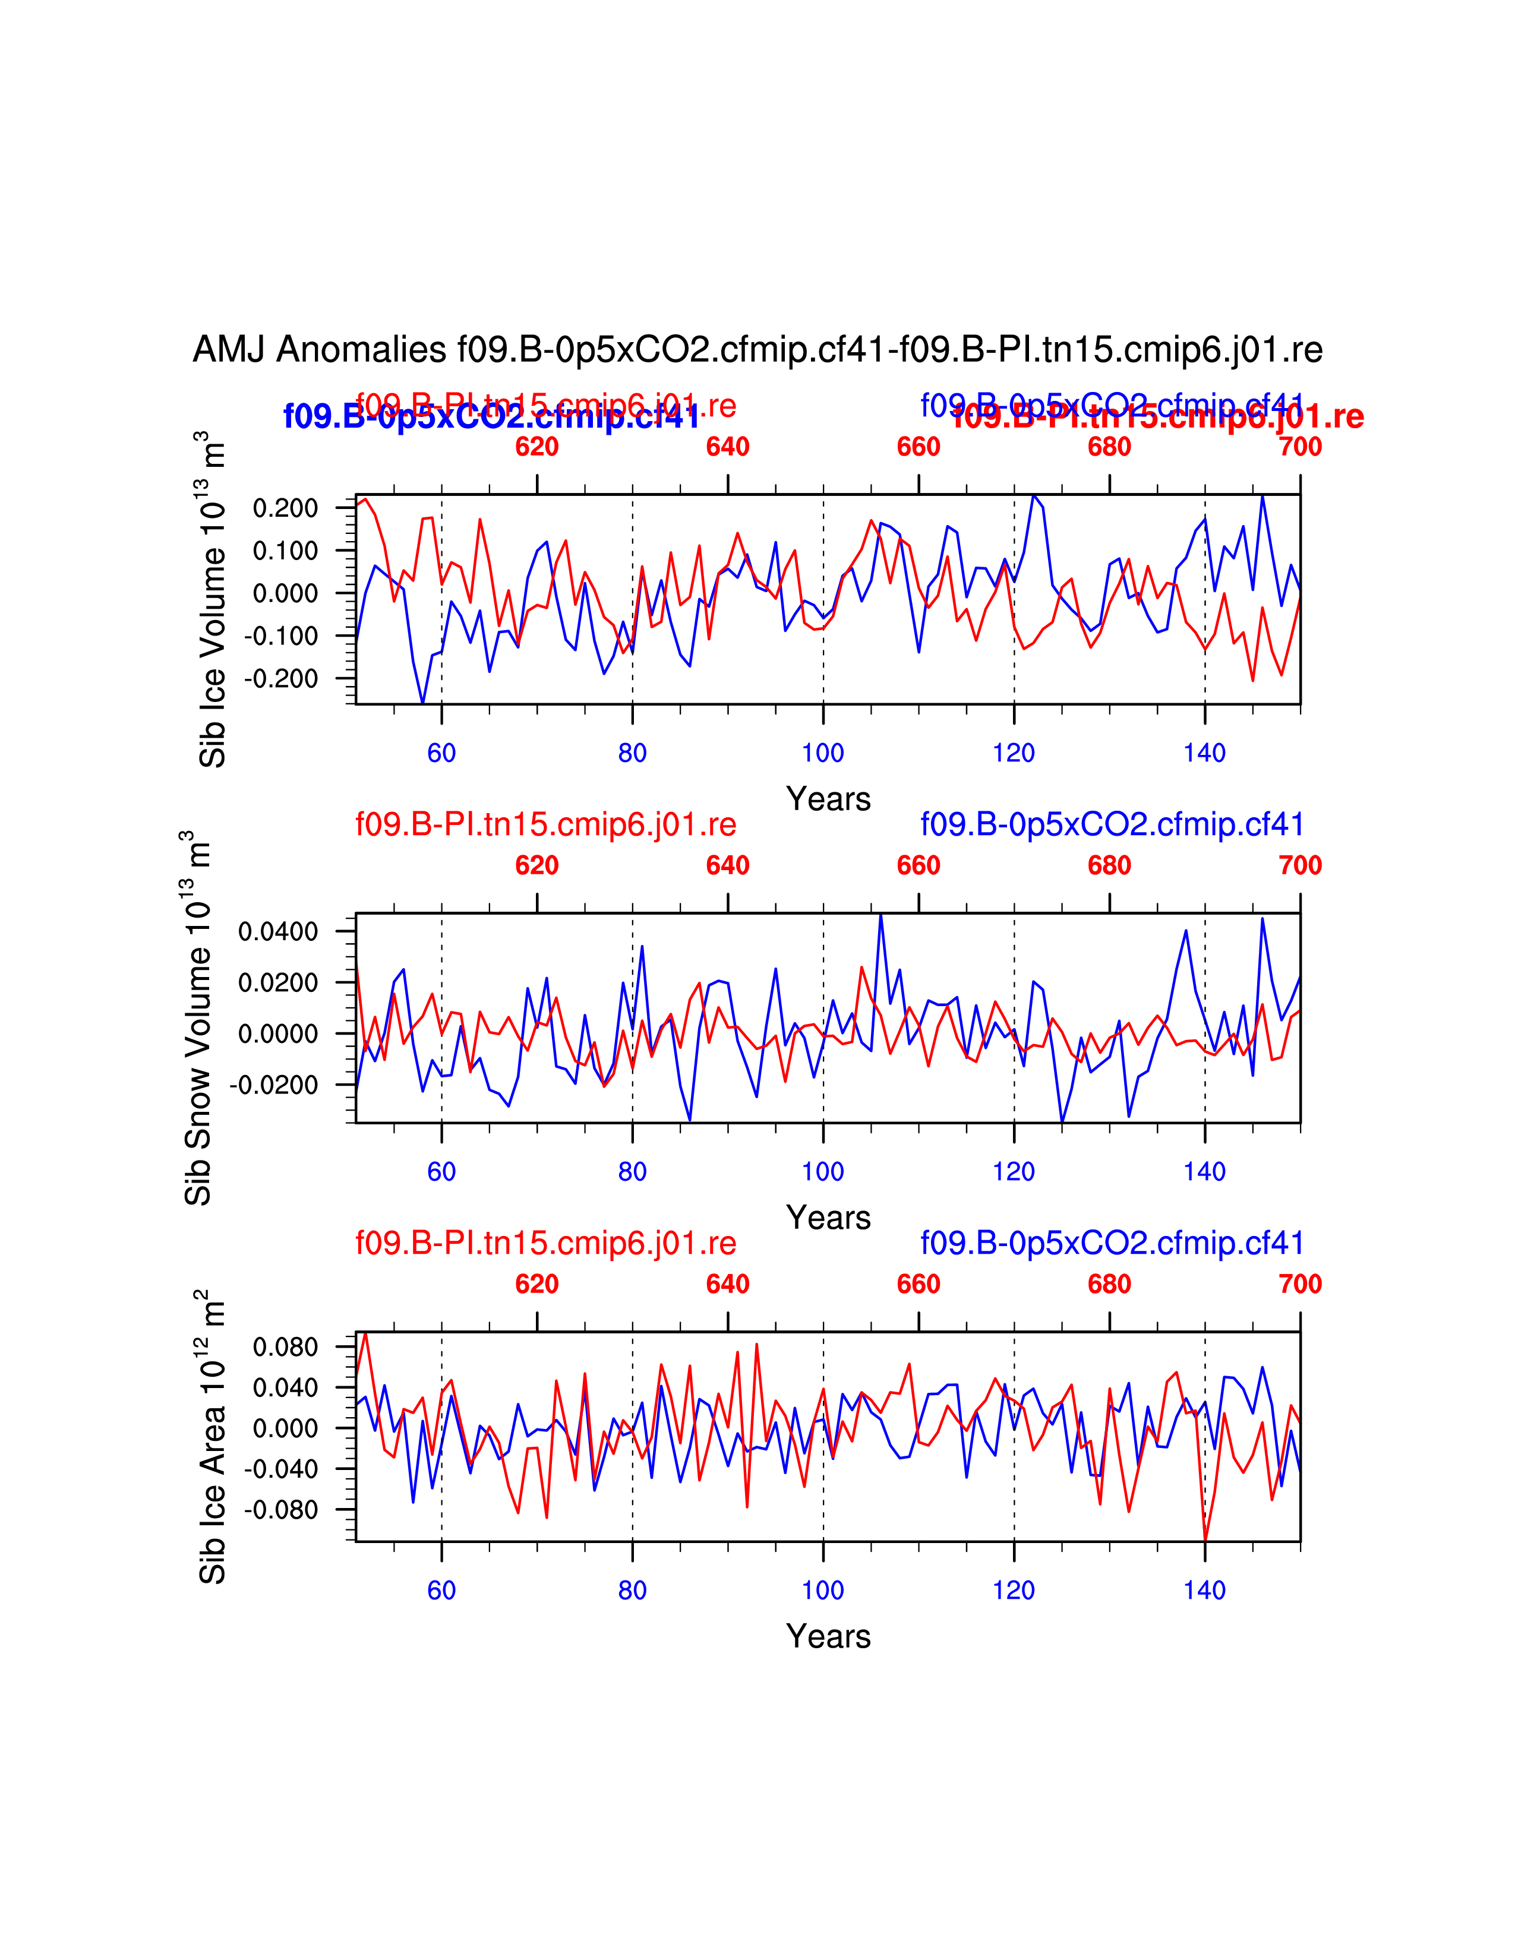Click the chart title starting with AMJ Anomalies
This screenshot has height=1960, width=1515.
click(757, 350)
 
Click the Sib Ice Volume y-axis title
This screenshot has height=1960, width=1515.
click(212, 599)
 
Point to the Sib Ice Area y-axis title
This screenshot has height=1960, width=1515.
click(212, 1437)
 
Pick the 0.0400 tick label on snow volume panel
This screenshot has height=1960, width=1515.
click(278, 931)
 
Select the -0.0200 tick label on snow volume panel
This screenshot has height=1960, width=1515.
click(274, 1085)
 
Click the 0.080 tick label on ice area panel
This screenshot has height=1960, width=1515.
click(285, 1347)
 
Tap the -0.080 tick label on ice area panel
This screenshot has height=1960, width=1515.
click(281, 1510)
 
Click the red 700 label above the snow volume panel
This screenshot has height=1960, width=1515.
click(1299, 865)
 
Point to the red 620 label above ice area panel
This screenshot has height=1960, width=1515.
click(536, 1284)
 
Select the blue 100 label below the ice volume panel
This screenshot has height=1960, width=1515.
click(823, 753)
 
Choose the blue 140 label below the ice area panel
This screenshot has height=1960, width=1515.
click(1204, 1590)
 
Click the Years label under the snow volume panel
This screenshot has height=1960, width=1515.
click(828, 1218)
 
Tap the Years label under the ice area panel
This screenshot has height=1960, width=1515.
click(828, 1637)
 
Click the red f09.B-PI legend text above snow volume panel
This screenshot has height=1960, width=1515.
click(545, 824)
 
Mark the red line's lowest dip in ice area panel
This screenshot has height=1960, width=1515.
click(1204, 1541)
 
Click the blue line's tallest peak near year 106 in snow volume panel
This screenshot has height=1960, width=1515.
click(880, 915)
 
